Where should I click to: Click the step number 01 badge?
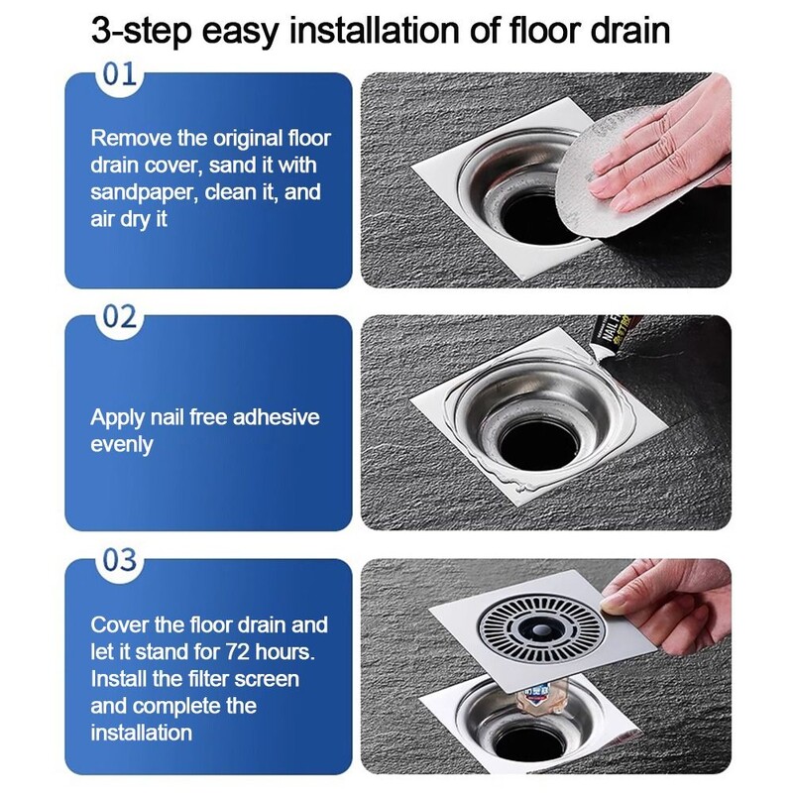pos(120,75)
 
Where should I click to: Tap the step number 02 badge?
pos(120,317)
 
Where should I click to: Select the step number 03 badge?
pos(120,561)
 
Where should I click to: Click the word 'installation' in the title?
pos(375,31)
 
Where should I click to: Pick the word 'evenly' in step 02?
pos(121,445)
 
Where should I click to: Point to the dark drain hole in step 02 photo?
pos(538,445)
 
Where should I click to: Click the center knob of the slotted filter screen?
pos(540,629)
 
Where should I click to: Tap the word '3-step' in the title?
pos(142,32)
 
